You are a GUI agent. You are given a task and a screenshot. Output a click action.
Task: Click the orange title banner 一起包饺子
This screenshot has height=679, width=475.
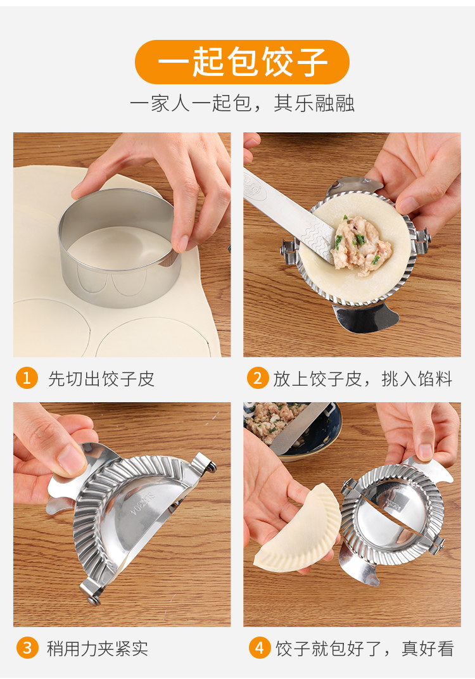click(242, 62)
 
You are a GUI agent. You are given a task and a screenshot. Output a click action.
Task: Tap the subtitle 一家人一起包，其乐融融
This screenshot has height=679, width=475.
click(242, 103)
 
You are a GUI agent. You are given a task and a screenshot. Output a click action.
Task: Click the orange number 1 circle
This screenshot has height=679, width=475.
click(27, 378)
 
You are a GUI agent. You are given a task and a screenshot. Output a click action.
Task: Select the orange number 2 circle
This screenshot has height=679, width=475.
click(258, 378)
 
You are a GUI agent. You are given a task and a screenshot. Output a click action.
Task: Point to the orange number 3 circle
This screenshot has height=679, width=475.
click(27, 648)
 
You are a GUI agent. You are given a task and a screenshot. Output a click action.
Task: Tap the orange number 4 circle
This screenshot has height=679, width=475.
click(260, 648)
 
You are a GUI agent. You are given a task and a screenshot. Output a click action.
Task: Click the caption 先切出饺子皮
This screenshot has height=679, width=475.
click(101, 379)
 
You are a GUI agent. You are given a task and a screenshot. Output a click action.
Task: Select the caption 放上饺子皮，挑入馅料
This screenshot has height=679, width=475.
click(363, 379)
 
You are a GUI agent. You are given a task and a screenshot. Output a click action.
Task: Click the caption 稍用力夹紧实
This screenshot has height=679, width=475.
click(98, 648)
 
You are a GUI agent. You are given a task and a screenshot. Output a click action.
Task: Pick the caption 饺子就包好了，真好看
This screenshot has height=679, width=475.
click(365, 648)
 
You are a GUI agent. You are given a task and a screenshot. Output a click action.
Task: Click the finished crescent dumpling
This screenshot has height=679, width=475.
click(299, 528)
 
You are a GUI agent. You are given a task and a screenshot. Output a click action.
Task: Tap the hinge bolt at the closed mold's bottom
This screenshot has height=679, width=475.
click(94, 599)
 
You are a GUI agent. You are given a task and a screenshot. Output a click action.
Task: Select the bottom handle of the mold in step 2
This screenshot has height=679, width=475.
click(366, 318)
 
